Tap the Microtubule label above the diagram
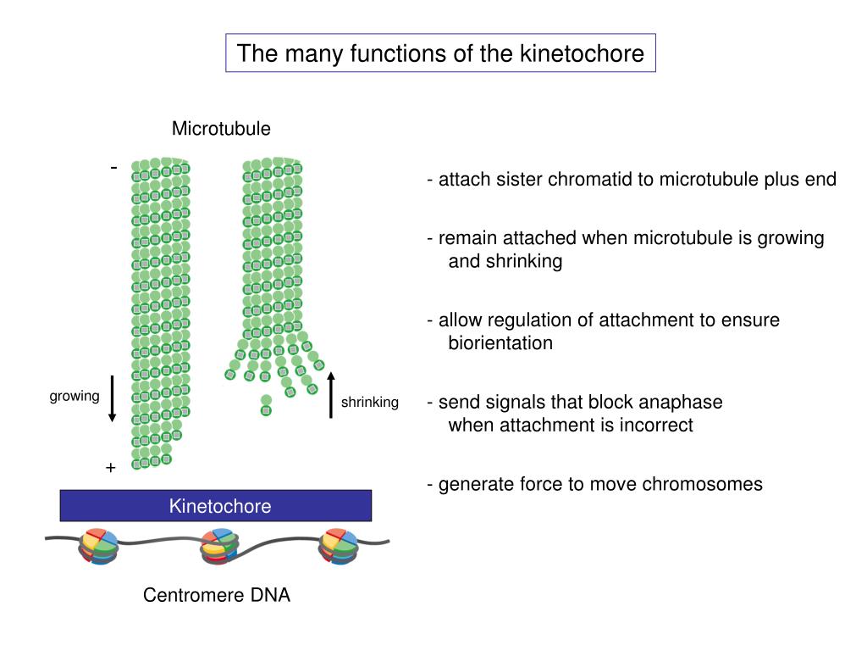pos(221,129)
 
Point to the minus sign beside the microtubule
pos(114,167)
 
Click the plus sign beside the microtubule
pos(111,468)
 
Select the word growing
pos(75,397)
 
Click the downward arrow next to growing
pos(113,398)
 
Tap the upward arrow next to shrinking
pos(331,395)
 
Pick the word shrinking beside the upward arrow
pos(370,403)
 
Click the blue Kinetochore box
pos(216,505)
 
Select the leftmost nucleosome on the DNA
pos(99,547)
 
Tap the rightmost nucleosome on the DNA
pos(339,547)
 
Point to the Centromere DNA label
pos(217,595)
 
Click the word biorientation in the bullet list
pos(500,343)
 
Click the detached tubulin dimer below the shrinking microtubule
pos(266,405)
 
